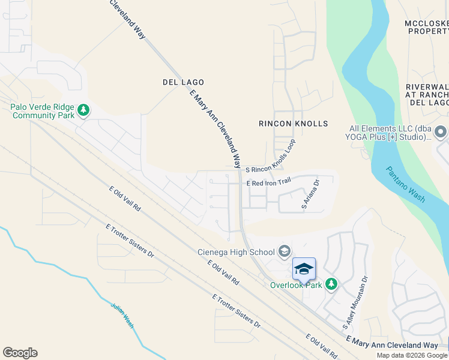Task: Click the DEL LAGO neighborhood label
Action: point(183,82)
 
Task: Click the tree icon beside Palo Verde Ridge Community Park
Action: point(84,110)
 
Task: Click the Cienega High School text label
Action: point(237,251)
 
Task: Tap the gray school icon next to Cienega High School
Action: point(285,251)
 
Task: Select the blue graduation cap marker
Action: point(304,269)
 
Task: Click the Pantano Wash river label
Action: point(406,184)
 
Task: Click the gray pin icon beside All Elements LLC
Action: point(441,131)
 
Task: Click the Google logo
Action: point(20,353)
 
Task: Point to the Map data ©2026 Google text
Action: point(412,355)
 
